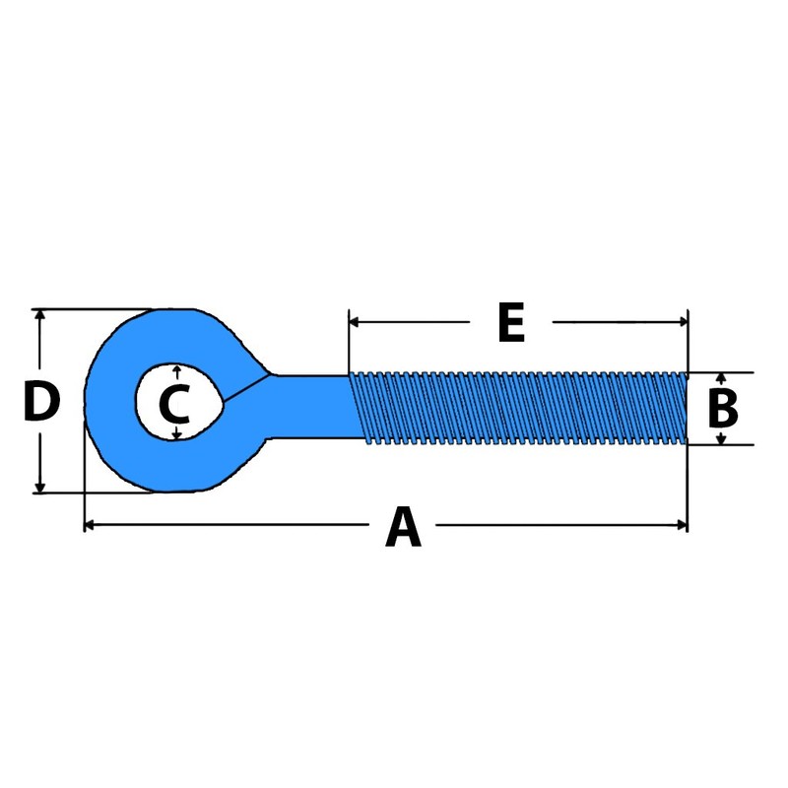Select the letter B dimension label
click(x=723, y=408)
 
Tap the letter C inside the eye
click(x=173, y=404)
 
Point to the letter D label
click(x=41, y=402)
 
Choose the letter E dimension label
click(x=510, y=323)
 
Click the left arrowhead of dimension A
click(x=89, y=525)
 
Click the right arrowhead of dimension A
click(x=683, y=525)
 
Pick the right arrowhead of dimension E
click(x=682, y=322)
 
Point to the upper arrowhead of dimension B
click(x=721, y=378)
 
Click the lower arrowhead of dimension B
click(x=721, y=438)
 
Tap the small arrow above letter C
click(x=175, y=370)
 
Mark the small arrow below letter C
click(x=175, y=434)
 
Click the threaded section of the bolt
click(x=517, y=408)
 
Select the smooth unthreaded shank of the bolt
click(x=310, y=408)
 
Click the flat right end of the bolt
click(x=686, y=408)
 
